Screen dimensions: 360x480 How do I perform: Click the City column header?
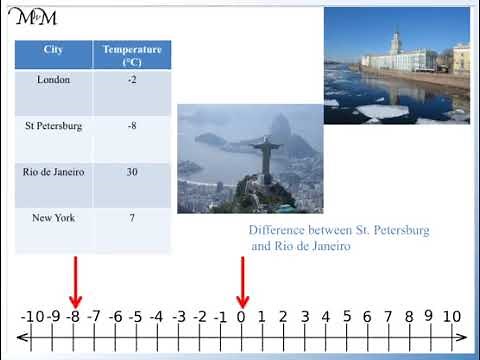(54, 49)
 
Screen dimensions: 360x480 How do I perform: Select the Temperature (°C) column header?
(132, 55)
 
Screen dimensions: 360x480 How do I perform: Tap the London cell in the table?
(54, 80)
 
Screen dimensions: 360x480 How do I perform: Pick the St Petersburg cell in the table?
(54, 127)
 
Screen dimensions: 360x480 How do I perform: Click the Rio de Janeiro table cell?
(54, 172)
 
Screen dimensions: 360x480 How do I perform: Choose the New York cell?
(54, 218)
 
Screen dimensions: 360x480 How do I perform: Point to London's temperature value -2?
(132, 80)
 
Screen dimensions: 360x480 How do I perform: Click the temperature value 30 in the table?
(132, 172)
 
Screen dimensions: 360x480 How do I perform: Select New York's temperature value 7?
(132, 218)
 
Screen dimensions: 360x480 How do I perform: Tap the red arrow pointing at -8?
(74, 282)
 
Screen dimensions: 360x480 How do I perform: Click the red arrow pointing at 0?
(241, 282)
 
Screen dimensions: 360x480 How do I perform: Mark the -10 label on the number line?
(31, 317)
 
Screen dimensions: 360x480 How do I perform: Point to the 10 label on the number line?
(451, 317)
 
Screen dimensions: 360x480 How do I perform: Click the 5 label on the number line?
(346, 317)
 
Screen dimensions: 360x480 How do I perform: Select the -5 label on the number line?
(136, 317)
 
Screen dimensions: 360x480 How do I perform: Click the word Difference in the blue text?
(275, 230)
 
